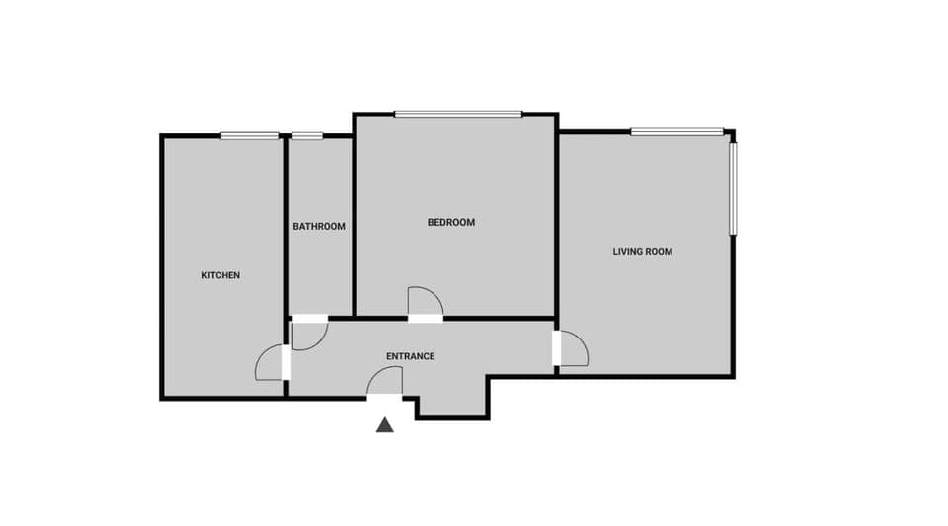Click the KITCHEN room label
220,275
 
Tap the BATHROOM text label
319,226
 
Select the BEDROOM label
450,222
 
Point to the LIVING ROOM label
642,252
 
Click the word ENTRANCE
410,356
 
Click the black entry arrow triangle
385,425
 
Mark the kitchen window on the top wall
250,136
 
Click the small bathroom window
308,136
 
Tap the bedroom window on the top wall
458,114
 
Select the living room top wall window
677,131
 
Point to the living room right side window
733,188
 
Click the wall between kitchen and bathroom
286,227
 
